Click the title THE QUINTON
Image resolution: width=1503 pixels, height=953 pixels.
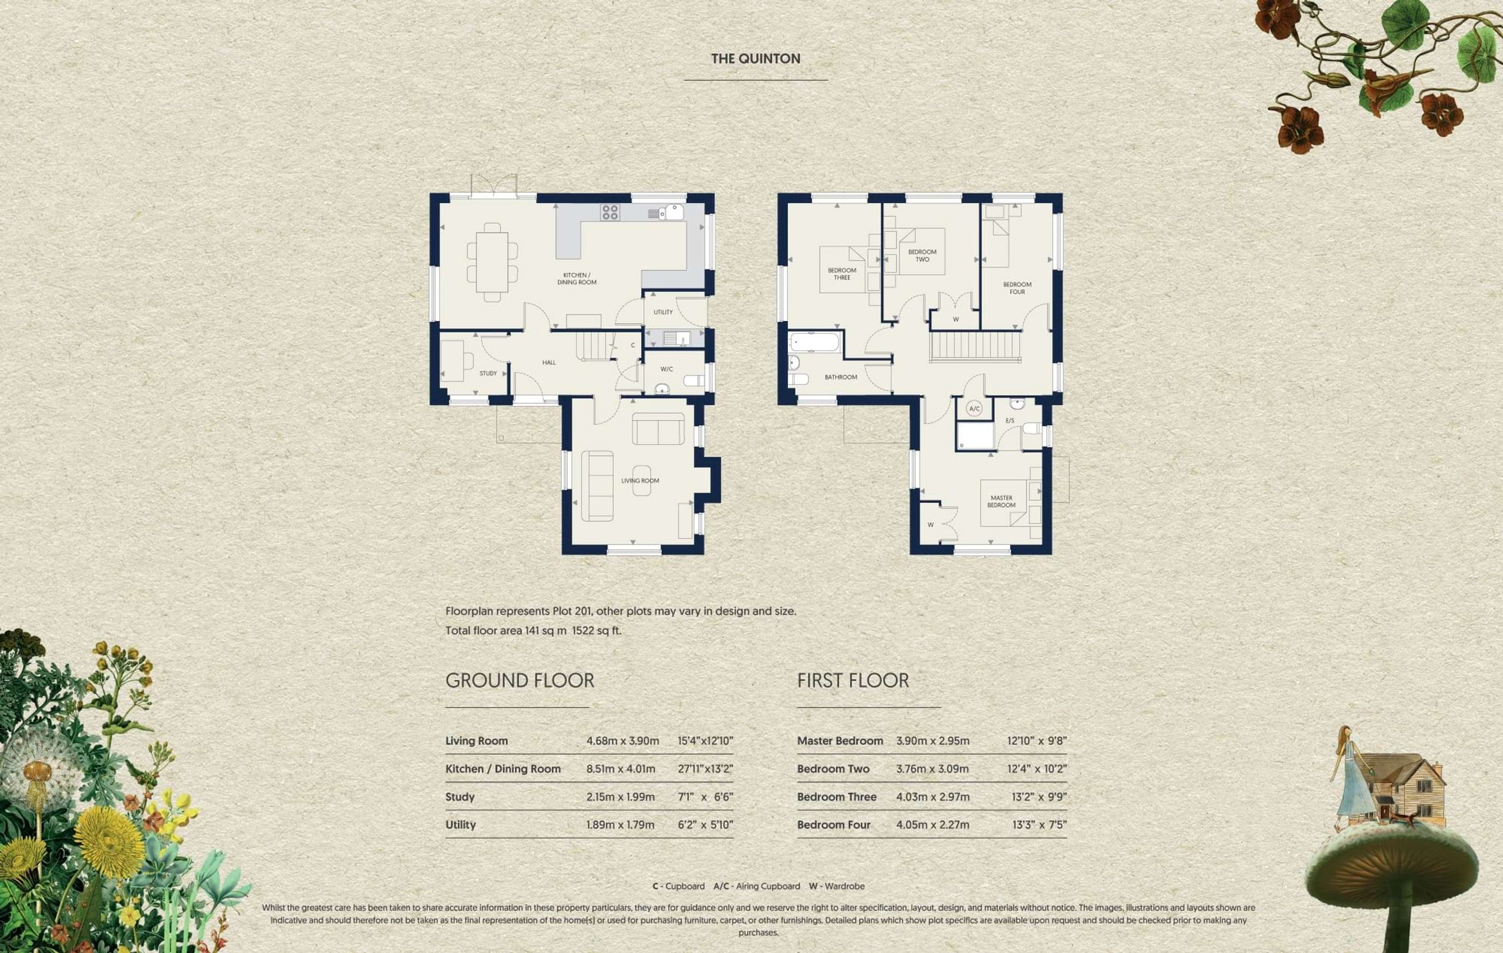click(x=755, y=59)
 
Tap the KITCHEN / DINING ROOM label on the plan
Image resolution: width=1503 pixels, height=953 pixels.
click(x=577, y=279)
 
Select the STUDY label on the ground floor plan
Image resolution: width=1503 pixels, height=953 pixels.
click(x=488, y=374)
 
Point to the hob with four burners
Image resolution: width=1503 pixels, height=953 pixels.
click(x=610, y=212)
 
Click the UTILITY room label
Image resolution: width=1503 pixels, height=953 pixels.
click(x=663, y=312)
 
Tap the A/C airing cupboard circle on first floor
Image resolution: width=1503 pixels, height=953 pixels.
click(x=975, y=408)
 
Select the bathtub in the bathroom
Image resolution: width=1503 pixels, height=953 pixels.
click(x=814, y=342)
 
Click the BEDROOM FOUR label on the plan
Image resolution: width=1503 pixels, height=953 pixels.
click(x=1017, y=288)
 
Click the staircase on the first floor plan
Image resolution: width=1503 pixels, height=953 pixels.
click(x=976, y=346)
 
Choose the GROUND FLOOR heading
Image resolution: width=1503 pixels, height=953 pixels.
click(x=520, y=681)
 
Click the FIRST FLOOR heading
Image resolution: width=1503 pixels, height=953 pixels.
click(x=853, y=681)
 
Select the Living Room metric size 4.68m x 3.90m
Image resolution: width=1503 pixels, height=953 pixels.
click(x=622, y=741)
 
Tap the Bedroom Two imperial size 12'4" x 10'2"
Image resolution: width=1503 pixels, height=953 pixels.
click(x=1037, y=769)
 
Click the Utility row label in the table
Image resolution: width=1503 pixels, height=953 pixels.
click(x=461, y=824)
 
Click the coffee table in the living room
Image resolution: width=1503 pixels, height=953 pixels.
click(x=642, y=481)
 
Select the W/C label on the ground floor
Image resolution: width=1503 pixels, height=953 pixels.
click(x=666, y=369)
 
